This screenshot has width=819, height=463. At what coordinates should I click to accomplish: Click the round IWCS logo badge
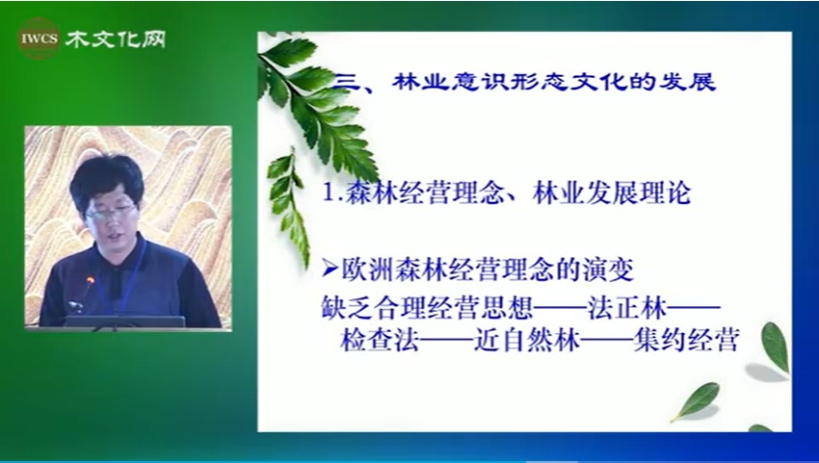click(39, 39)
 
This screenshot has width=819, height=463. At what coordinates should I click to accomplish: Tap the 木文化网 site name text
click(116, 39)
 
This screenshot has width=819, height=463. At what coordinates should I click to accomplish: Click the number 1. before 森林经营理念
click(331, 193)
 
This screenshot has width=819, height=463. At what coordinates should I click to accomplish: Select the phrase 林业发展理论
click(612, 193)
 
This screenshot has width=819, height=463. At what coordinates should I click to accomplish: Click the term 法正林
click(627, 308)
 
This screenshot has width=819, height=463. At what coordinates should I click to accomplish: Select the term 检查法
click(380, 341)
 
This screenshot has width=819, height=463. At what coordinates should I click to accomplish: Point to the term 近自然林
click(527, 341)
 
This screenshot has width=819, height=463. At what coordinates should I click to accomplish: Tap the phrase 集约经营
click(686, 341)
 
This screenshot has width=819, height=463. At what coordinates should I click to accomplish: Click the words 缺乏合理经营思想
click(427, 308)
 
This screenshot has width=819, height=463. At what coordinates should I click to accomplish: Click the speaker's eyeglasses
click(110, 213)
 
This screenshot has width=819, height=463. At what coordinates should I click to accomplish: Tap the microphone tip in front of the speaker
click(90, 281)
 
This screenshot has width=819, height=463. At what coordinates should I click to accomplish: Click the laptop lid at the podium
click(124, 322)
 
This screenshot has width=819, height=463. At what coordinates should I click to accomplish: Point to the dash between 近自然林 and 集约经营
click(607, 341)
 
